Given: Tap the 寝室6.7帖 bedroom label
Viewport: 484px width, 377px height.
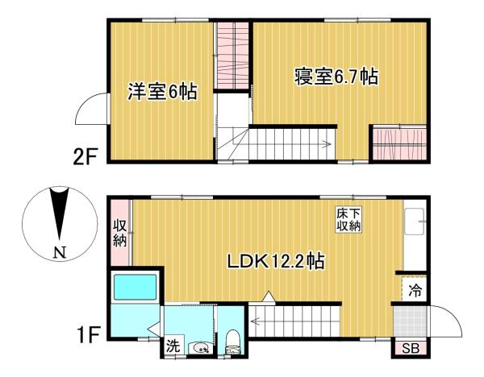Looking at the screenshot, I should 337,78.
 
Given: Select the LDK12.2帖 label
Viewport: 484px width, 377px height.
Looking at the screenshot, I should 276,261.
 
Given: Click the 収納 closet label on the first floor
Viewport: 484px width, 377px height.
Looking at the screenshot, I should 119,231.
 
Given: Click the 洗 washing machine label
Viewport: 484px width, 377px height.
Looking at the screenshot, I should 173,346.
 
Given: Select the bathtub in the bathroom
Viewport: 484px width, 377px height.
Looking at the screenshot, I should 134,288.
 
